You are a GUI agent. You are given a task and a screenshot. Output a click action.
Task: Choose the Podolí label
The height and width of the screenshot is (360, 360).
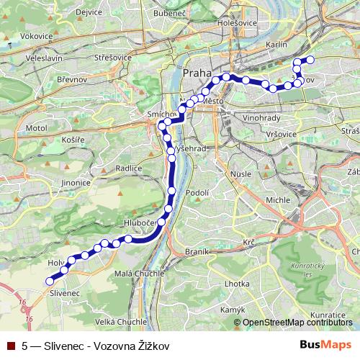point(197,192)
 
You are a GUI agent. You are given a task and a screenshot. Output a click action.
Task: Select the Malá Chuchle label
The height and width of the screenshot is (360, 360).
point(136,274)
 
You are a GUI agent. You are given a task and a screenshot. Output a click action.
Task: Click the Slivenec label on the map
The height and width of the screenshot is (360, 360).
point(64,293)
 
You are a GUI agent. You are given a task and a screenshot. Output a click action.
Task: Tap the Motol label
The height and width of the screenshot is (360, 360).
point(36,127)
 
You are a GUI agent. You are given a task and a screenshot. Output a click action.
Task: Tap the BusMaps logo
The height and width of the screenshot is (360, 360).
point(326,345)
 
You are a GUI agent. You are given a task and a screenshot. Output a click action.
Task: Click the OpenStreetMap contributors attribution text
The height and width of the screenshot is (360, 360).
point(297,323)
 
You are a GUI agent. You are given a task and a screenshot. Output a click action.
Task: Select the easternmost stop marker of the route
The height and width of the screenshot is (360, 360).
point(311,60)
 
